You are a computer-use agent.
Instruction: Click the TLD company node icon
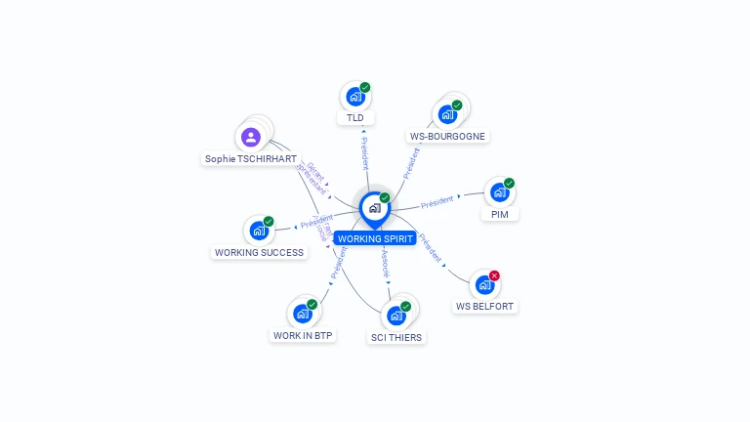(x=354, y=97)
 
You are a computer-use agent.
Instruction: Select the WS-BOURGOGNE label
(x=447, y=136)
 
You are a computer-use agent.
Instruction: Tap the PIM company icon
(x=499, y=192)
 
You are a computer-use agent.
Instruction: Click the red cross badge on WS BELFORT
(x=494, y=276)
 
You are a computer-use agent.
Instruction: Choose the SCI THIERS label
(x=397, y=337)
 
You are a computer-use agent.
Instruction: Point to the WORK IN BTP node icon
(x=302, y=314)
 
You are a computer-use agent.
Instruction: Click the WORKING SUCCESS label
(x=259, y=252)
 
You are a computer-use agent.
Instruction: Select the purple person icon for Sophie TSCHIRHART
(x=251, y=137)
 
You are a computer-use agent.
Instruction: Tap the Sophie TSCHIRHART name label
(x=250, y=158)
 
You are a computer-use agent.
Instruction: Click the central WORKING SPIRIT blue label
(x=375, y=238)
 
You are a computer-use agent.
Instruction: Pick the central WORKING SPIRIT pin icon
(x=374, y=208)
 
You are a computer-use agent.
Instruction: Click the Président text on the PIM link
(x=437, y=202)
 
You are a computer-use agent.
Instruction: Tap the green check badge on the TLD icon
(x=365, y=87)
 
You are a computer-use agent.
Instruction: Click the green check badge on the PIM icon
(x=509, y=183)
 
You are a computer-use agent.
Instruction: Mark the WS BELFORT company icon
(x=483, y=285)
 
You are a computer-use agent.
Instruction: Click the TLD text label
(x=355, y=118)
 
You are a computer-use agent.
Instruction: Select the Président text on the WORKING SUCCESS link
(x=316, y=223)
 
